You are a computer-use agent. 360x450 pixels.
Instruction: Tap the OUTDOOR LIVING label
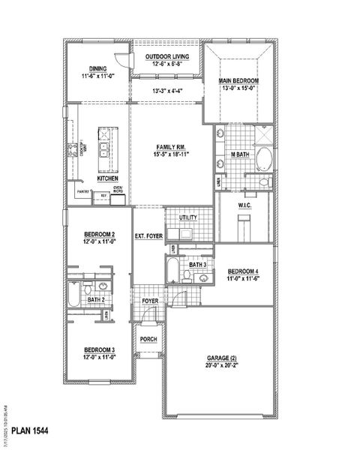tap(166, 57)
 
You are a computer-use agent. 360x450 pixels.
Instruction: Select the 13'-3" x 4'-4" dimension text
tap(166, 91)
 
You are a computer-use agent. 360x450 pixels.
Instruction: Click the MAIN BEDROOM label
tap(238, 80)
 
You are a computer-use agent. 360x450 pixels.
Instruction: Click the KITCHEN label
tap(107, 178)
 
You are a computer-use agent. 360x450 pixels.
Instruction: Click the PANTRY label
tap(82, 192)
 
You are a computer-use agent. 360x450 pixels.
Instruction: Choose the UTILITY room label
tap(187, 217)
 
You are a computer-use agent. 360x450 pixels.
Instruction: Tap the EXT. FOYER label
tap(148, 236)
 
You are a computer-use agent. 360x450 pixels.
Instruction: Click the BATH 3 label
tap(197, 265)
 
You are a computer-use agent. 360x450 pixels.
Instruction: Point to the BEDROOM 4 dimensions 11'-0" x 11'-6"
tap(242, 278)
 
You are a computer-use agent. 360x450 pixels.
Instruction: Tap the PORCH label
tap(148, 339)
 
